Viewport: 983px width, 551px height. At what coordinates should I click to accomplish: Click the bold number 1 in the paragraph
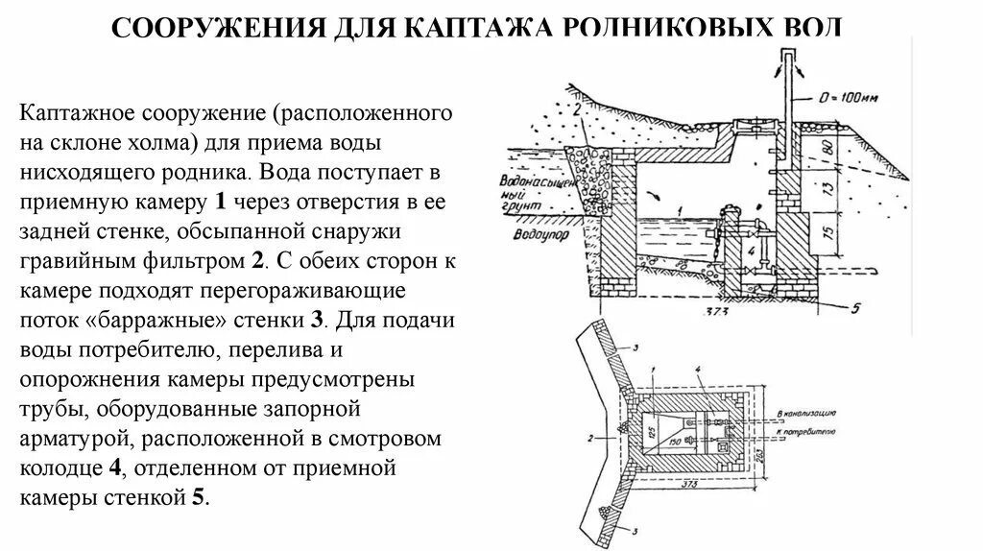[221, 203]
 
